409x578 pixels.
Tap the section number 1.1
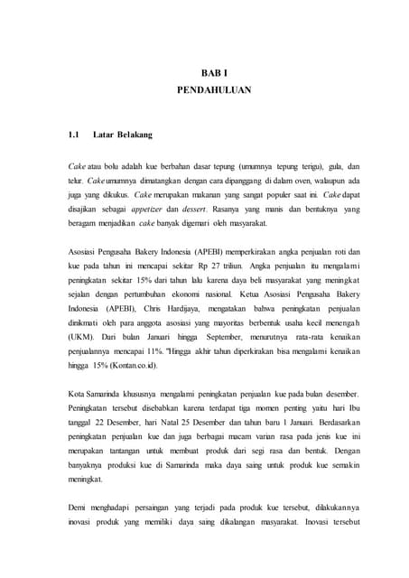pyautogui.click(x=75, y=135)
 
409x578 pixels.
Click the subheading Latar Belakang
pyautogui.click(x=122, y=135)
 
